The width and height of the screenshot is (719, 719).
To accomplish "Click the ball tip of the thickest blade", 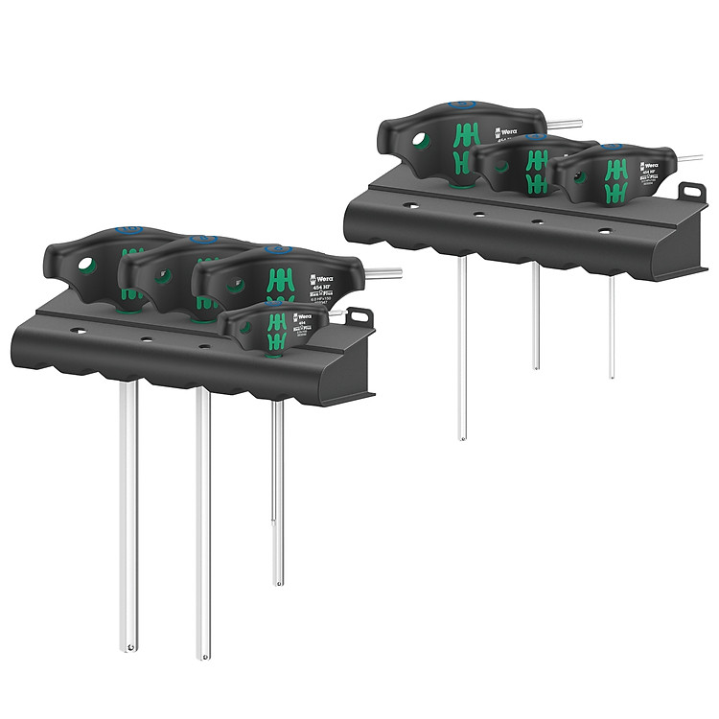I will (x=129, y=648).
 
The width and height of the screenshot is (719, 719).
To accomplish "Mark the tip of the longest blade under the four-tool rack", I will (x=202, y=657).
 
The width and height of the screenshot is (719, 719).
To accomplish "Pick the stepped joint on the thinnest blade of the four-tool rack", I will (x=277, y=522).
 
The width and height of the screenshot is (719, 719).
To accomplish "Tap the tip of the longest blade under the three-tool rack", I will (x=461, y=437).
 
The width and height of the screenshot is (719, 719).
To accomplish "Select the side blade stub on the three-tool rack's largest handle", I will (x=564, y=123).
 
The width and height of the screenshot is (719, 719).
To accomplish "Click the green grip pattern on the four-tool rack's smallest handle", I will (x=275, y=336).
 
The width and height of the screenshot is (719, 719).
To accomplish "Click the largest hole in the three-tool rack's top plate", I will (x=604, y=230).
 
